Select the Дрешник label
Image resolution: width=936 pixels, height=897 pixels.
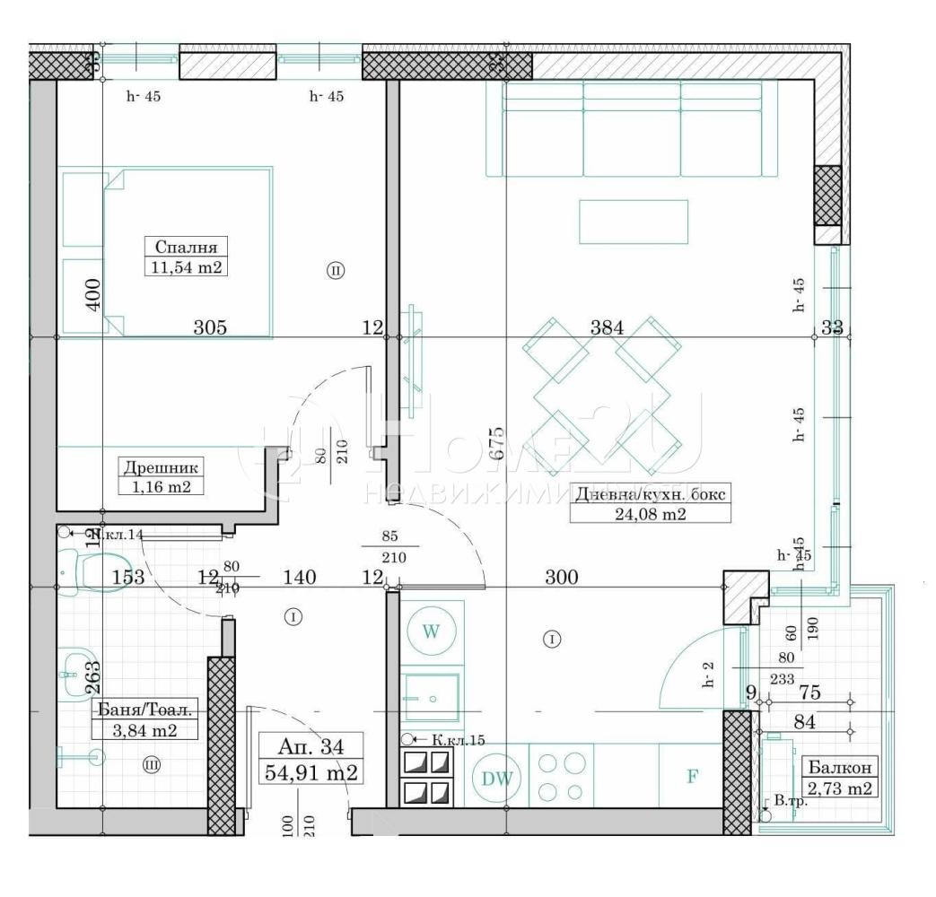click(x=162, y=466)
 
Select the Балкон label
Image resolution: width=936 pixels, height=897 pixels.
click(x=839, y=768)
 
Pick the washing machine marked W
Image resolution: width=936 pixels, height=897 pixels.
click(x=431, y=631)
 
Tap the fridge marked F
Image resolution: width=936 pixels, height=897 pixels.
click(x=692, y=776)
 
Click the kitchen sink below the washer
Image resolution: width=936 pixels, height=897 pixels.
click(x=430, y=697)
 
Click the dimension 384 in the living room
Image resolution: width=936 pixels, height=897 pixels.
click(x=607, y=327)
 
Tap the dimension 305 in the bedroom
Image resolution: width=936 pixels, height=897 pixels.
click(x=210, y=327)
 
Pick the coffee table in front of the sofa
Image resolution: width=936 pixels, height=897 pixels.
click(x=633, y=221)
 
